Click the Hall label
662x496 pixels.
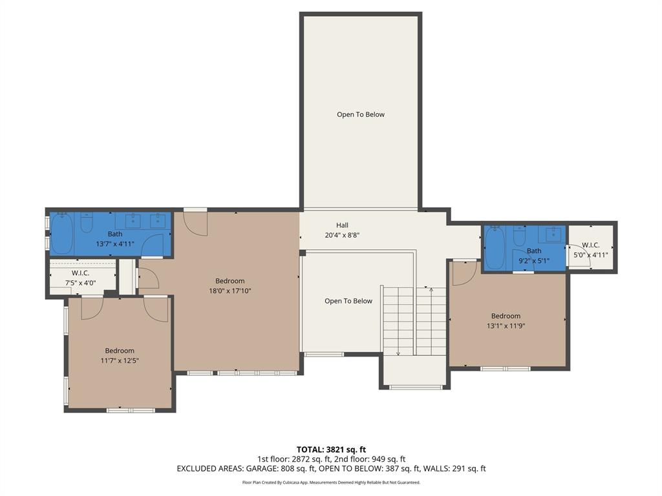click(342, 225)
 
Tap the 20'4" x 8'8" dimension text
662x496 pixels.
click(342, 236)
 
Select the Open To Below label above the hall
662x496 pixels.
click(360, 115)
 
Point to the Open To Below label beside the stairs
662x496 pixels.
click(348, 301)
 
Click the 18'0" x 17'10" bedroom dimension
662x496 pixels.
click(230, 291)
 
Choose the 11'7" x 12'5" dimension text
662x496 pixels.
click(120, 361)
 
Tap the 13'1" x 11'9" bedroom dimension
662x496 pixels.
click(505, 326)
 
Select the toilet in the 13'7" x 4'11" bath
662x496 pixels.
click(87, 224)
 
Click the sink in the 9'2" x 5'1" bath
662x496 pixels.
click(553, 234)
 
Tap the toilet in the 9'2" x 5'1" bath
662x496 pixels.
click(519, 236)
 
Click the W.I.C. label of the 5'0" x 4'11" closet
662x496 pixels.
click(590, 245)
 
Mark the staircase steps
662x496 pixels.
click(414, 321)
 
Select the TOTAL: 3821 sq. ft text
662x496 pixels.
click(331, 449)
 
